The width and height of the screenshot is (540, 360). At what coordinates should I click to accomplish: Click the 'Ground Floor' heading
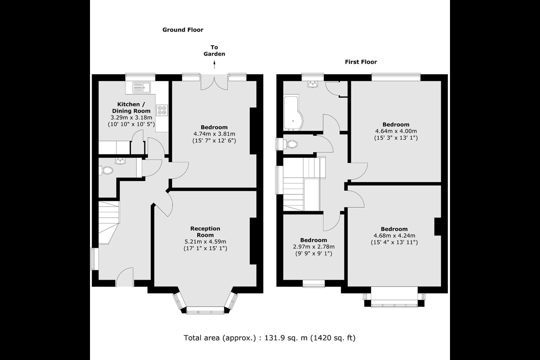pos(183,30)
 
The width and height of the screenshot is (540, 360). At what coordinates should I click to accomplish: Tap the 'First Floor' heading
pos(361,62)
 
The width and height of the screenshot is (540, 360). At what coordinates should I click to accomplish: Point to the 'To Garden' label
pos(214,50)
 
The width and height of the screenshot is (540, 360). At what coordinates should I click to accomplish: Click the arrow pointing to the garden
pos(214,64)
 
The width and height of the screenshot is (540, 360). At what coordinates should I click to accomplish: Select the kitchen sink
pos(141,87)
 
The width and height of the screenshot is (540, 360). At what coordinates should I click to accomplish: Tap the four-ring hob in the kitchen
pos(162,110)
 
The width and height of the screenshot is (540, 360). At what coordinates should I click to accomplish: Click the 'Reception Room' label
pos(205,231)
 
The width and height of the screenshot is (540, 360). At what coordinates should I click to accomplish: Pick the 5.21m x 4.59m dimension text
pos(205,241)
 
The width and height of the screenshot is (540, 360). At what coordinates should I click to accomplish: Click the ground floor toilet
pos(106,170)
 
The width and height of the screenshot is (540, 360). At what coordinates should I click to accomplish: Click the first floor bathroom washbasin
pos(312,84)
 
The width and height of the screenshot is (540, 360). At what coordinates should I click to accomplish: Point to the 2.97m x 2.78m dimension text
pos(313,247)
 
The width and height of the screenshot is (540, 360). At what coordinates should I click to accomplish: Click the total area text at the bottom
pos(270,338)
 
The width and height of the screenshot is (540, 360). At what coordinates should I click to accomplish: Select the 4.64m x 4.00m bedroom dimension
pos(396,131)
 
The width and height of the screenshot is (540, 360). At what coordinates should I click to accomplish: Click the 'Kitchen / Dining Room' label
pos(131,108)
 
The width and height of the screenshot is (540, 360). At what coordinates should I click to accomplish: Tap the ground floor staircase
pos(109,222)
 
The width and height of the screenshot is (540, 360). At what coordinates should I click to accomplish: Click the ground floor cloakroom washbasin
pos(120,161)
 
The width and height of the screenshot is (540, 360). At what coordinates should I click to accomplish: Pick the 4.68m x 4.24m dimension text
pos(394,235)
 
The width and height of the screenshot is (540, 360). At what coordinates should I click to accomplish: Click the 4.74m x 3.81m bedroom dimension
pos(214,134)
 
